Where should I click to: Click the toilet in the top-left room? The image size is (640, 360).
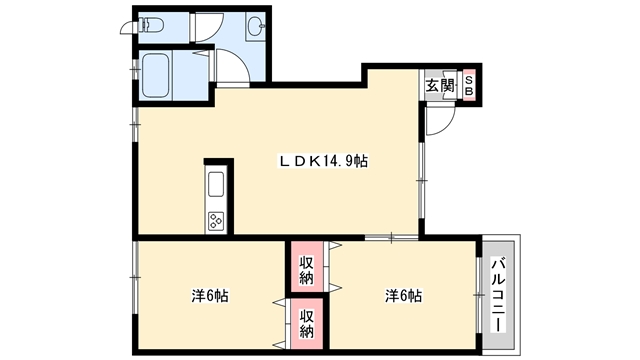point(151,26)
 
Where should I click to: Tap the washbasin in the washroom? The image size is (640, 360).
point(256,26)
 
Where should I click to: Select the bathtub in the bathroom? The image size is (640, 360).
point(155,75)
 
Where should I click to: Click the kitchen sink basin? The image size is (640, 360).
point(216,184)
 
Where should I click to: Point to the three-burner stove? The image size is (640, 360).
point(216,221)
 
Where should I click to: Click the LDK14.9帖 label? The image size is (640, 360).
point(323,161)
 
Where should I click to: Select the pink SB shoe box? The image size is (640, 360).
point(469,86)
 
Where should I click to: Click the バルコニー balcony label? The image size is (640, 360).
point(498,294)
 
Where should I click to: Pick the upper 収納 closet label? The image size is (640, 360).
point(307,270)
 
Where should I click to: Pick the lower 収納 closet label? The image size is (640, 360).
point(307,324)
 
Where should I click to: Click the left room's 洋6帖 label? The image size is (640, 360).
point(210,296)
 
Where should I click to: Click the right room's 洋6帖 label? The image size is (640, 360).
point(403,296)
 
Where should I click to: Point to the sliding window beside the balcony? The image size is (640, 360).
point(479,295)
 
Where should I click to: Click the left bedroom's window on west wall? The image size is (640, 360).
point(135,278)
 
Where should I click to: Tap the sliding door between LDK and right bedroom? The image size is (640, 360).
point(391,237)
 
